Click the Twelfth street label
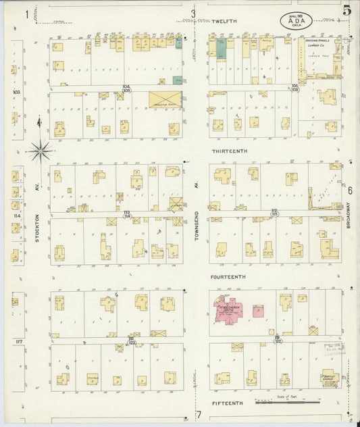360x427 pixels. (x=224, y=22)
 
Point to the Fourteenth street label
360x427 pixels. (x=227, y=277)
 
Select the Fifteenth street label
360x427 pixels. (x=226, y=403)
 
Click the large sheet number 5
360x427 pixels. (x=346, y=10)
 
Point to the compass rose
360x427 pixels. (x=40, y=149)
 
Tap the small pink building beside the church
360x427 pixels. (x=257, y=311)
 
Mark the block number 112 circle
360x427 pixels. (x=274, y=213)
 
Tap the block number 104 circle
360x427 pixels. (x=126, y=88)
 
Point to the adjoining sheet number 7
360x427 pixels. (x=199, y=414)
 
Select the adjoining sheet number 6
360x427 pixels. (x=350, y=191)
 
